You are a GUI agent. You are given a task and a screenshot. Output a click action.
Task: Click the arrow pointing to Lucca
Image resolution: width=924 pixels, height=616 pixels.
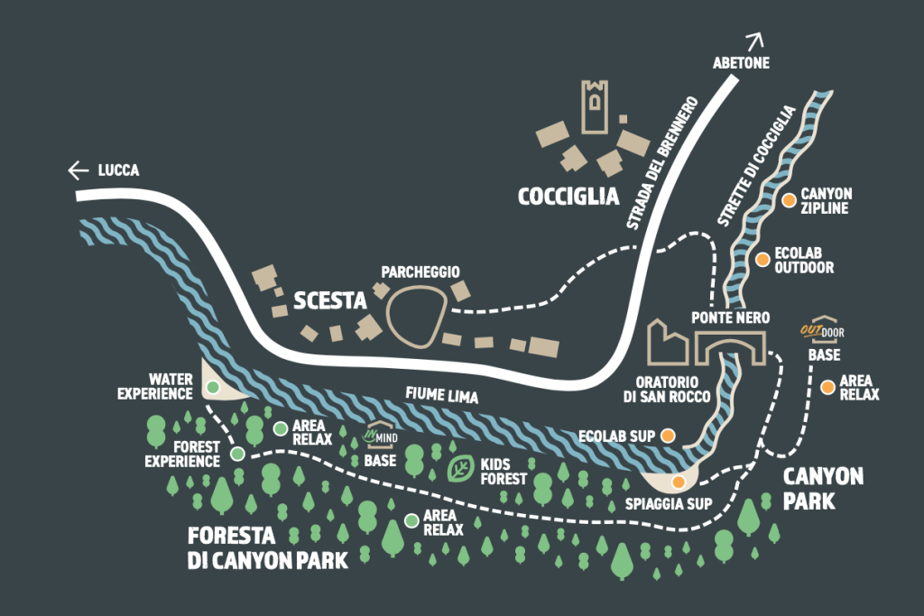(79, 170)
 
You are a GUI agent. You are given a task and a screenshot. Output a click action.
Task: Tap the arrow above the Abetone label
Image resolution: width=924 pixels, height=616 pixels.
(754, 41)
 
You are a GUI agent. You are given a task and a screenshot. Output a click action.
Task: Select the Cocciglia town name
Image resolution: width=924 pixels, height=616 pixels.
(568, 197)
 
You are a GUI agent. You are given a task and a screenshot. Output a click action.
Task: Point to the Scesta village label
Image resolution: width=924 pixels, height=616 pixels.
(331, 299)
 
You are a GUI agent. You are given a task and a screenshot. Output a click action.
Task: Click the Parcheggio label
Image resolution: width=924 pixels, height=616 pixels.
(420, 271)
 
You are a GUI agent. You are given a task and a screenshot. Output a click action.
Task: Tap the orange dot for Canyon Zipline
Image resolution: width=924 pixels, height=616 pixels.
(789, 200)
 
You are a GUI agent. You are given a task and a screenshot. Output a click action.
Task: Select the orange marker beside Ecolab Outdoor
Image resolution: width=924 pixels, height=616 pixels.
(762, 260)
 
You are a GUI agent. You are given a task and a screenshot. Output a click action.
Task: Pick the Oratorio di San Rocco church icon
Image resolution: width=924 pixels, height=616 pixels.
(667, 342)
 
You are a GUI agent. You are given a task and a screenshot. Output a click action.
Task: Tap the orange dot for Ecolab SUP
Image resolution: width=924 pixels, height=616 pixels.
(668, 436)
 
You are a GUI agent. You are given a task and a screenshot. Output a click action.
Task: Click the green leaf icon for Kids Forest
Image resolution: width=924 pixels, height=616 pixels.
(460, 468)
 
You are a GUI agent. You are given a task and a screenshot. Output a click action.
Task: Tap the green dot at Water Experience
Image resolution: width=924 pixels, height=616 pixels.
(212, 387)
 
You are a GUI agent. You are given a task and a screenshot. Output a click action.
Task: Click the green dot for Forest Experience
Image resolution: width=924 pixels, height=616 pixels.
(237, 454)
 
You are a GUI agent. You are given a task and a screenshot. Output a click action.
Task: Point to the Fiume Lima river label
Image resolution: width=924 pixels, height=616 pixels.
(441, 395)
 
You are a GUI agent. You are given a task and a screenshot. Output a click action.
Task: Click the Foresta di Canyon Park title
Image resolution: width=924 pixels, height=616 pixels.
(267, 547)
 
